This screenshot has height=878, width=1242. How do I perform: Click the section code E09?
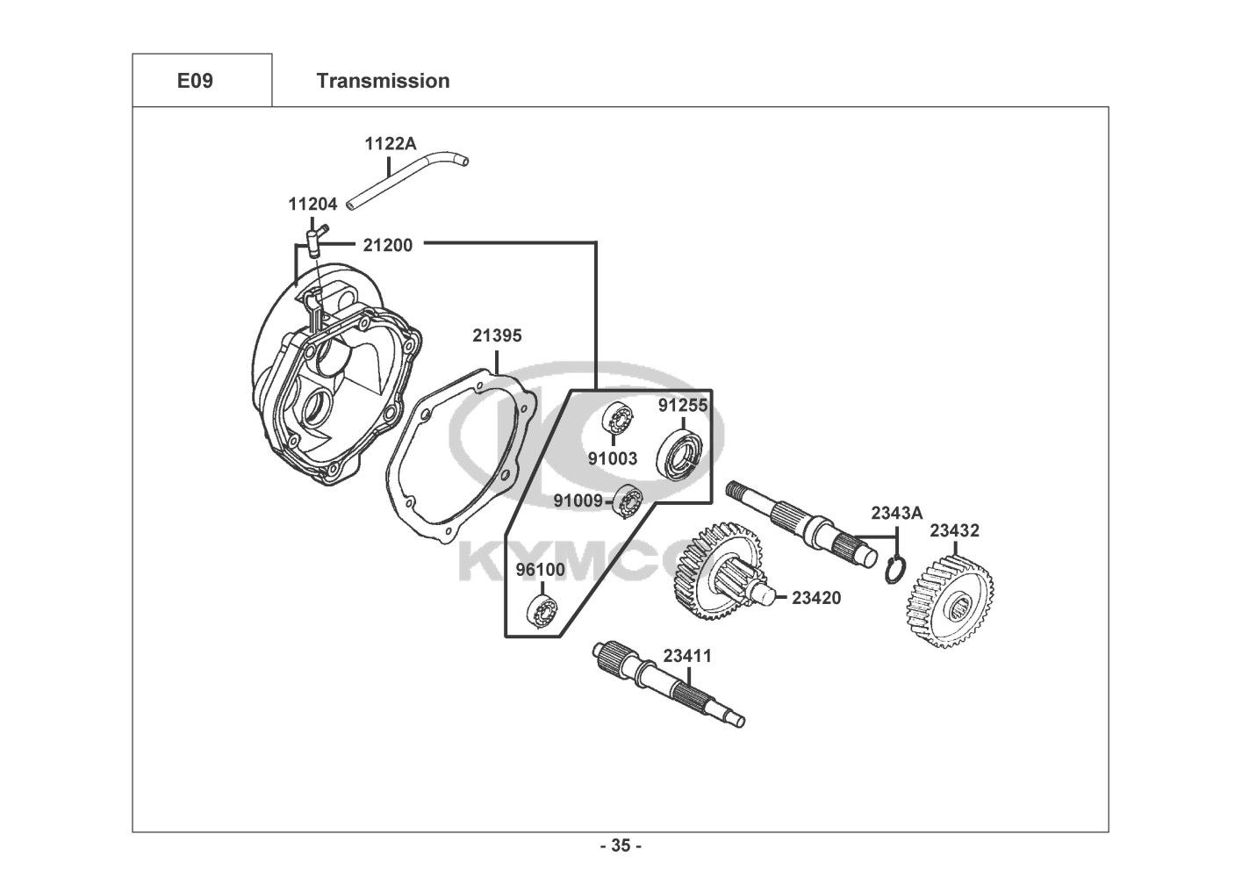[x=195, y=81]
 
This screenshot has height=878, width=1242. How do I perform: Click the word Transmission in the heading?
[x=384, y=81]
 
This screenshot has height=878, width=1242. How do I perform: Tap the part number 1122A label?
[x=390, y=144]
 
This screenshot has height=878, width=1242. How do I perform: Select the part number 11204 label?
[x=312, y=204]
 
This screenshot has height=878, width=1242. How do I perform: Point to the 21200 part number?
[x=388, y=245]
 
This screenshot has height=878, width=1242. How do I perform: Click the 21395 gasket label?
[x=497, y=335]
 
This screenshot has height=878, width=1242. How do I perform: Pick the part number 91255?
[x=683, y=406]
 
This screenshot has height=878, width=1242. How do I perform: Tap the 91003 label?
[x=613, y=458]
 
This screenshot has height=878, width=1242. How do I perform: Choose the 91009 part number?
[x=578, y=500]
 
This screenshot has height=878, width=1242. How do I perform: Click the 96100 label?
[x=541, y=570]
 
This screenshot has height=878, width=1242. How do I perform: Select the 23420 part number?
[x=816, y=598]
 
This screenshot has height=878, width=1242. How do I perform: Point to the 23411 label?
[x=687, y=656]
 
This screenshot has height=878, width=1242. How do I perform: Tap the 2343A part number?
[x=896, y=513]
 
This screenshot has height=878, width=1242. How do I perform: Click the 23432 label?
[x=955, y=531]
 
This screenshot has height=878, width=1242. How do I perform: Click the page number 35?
[x=621, y=846]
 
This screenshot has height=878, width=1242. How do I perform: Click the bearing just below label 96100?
[x=542, y=611]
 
